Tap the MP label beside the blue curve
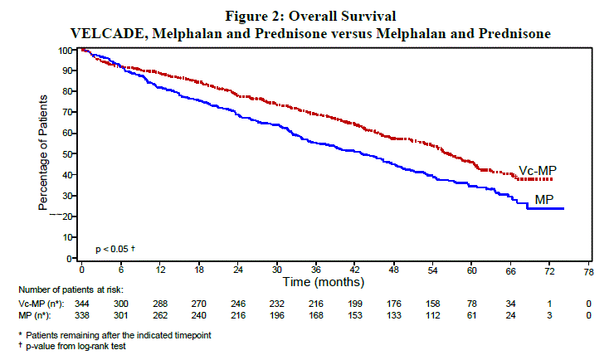tap(544, 200)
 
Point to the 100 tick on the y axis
tap(65, 51)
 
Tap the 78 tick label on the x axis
tap(588, 271)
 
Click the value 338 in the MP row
tap(83, 316)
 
